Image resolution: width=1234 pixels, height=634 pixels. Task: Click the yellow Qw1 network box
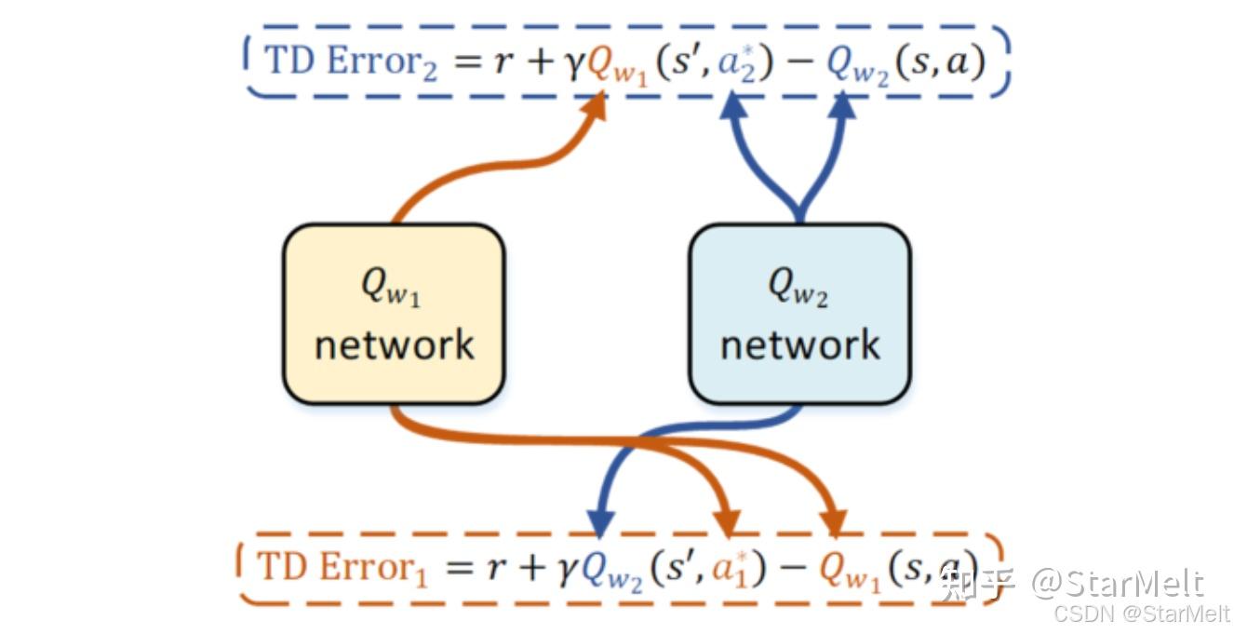[x=394, y=315]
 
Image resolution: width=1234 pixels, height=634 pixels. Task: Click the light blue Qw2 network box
[x=799, y=315]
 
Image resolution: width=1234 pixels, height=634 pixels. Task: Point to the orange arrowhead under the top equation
[x=594, y=105]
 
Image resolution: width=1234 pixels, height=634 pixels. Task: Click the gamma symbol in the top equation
[x=574, y=65]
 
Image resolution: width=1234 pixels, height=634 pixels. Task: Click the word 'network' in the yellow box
[x=394, y=344]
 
